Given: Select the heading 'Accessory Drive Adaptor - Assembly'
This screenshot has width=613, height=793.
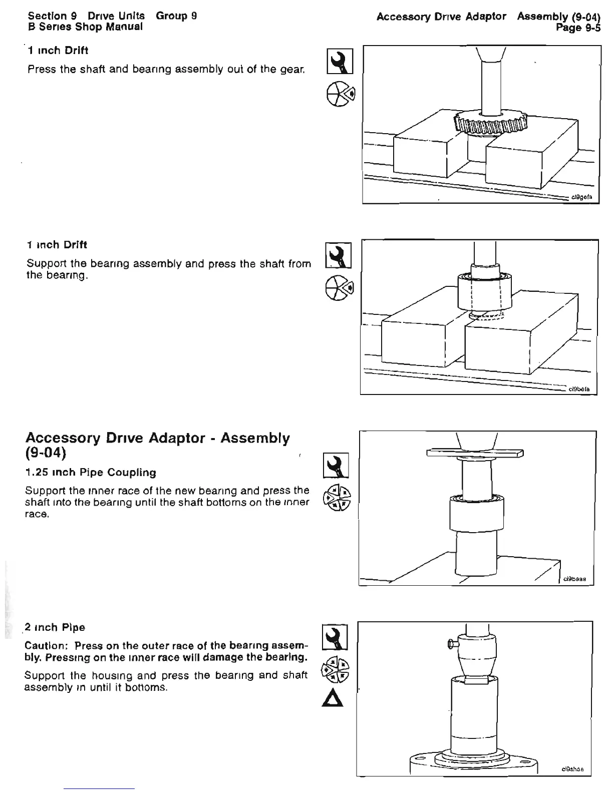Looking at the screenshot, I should [x=157, y=439].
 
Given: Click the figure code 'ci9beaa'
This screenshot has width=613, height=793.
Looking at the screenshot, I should [x=575, y=580].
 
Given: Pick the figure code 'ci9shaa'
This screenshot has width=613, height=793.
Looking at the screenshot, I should [x=572, y=769].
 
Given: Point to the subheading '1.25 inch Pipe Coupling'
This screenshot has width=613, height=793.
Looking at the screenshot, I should [x=91, y=473].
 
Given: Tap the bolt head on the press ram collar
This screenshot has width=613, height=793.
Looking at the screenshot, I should [x=451, y=644].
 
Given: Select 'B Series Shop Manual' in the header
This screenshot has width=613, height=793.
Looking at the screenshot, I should [x=86, y=27].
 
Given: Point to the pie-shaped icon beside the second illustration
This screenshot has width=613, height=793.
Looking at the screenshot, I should [x=339, y=288].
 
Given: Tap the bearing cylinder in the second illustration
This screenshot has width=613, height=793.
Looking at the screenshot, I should [x=484, y=294].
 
